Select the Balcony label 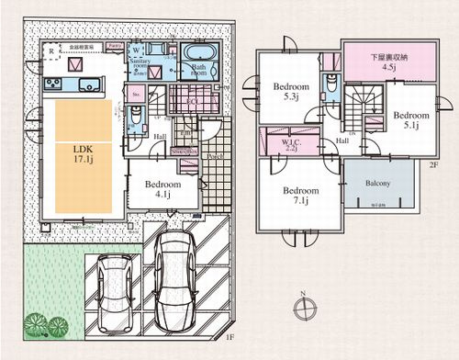pos(377,183)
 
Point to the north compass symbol pos(302,309)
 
